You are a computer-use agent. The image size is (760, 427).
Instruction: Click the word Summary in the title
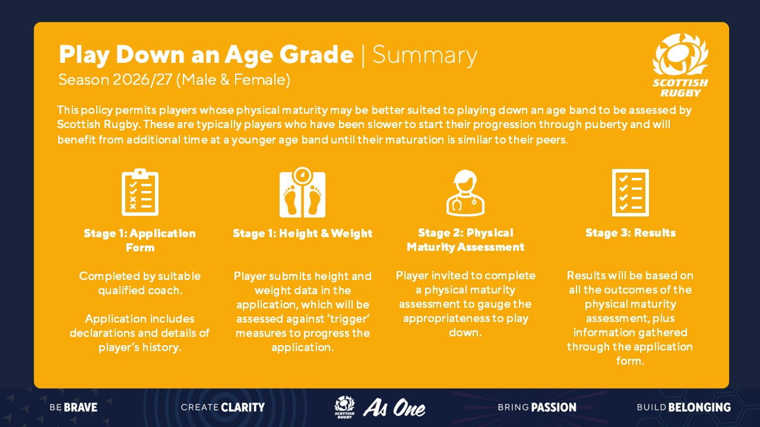[425, 55]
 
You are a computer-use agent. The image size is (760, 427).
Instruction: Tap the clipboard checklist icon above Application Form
[140, 192]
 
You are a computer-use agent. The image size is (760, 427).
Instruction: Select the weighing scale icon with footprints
[302, 192]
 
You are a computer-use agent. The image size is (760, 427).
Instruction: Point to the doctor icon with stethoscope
[465, 193]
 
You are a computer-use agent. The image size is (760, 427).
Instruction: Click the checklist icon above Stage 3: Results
[631, 193]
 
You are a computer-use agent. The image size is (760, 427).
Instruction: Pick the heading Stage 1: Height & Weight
[302, 233]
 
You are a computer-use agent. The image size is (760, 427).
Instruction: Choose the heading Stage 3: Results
[631, 233]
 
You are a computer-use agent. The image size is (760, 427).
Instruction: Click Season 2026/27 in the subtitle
[115, 80]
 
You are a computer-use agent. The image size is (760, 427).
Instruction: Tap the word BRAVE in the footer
[81, 407]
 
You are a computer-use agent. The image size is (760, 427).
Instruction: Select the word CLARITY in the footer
[243, 407]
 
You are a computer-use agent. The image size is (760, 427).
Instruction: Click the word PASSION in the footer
[554, 407]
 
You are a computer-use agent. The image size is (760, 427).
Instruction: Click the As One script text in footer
[394, 407]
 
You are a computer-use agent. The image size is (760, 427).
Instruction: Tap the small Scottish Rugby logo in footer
[344, 407]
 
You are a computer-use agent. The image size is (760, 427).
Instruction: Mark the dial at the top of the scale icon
[302, 175]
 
